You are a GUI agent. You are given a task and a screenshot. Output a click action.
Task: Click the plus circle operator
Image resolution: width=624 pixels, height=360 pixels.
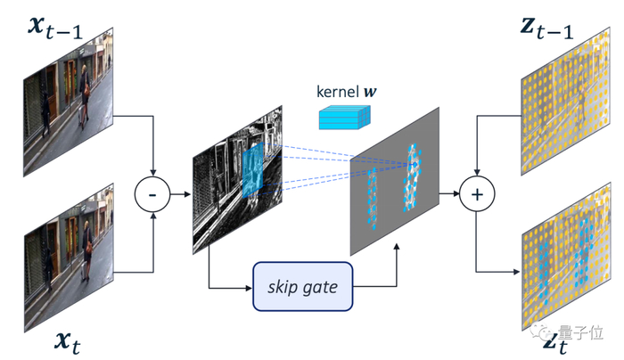pos(477,192)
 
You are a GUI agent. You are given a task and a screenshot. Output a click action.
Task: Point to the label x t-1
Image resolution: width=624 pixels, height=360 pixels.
pos(58,31)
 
